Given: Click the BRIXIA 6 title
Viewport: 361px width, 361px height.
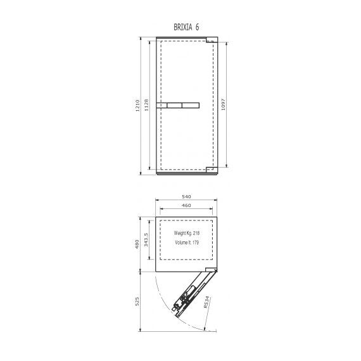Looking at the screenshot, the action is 186,27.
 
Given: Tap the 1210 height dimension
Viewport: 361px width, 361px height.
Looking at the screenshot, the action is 137,105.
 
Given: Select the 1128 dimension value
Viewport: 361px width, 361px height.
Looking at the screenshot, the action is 146,105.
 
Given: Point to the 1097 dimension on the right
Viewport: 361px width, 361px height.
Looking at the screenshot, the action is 223,104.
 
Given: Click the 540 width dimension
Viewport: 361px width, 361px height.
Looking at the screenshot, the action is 186,196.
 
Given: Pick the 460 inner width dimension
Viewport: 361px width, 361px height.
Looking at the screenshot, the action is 186,205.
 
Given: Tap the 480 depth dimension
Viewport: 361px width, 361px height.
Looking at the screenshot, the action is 137,244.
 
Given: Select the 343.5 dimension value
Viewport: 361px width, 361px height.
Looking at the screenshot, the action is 146,239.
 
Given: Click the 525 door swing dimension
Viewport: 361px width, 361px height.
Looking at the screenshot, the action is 137,301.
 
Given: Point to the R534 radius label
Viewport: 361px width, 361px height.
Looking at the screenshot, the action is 207,302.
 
